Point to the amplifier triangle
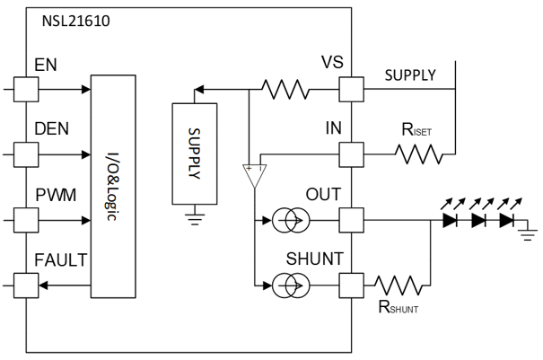(x=254, y=175)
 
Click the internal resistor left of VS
(x=285, y=89)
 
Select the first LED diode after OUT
(x=451, y=218)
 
